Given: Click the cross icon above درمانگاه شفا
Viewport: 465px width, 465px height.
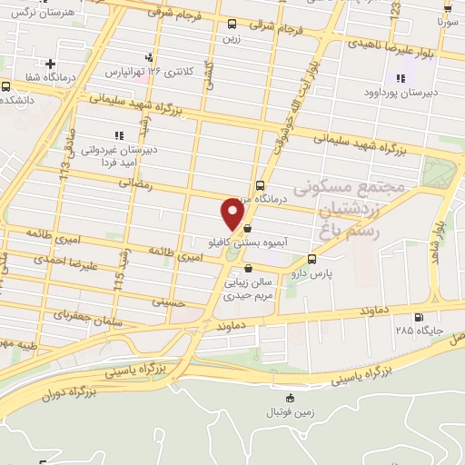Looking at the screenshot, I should point(50,64).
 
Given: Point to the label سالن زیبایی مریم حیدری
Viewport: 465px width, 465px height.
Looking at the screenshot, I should point(248,288).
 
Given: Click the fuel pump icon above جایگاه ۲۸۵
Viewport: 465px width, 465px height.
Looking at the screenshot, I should point(418,317).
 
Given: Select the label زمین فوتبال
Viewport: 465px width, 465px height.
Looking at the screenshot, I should point(290,412).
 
